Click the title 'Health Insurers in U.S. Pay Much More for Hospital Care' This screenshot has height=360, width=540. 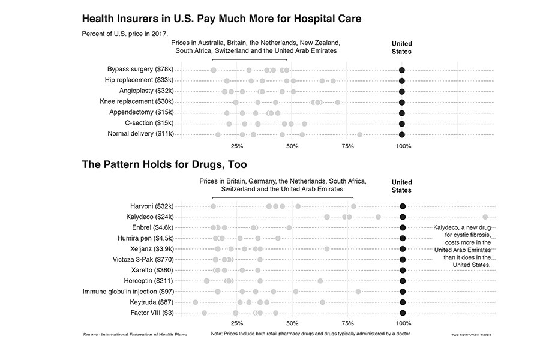click(x=221, y=19)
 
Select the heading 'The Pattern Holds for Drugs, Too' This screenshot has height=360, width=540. click(x=164, y=164)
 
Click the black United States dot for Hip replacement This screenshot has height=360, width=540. click(x=402, y=80)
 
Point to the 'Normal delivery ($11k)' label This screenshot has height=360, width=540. click(x=140, y=134)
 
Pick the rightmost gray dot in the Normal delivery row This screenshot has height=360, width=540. click(x=359, y=134)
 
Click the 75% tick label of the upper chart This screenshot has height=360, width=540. click(x=347, y=146)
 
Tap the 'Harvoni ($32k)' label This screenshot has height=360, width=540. click(x=152, y=206)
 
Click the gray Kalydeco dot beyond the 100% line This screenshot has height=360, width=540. click(x=485, y=217)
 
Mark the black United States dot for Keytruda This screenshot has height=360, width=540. click(x=403, y=302)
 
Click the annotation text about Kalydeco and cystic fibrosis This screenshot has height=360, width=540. click(x=463, y=246)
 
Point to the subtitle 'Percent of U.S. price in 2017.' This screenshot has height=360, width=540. click(x=125, y=33)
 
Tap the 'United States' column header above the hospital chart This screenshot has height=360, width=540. click(x=402, y=47)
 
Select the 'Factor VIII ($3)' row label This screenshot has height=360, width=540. click(x=152, y=313)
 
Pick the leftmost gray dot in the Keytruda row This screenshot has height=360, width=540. click(x=195, y=302)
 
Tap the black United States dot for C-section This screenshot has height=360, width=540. click(x=402, y=124)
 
